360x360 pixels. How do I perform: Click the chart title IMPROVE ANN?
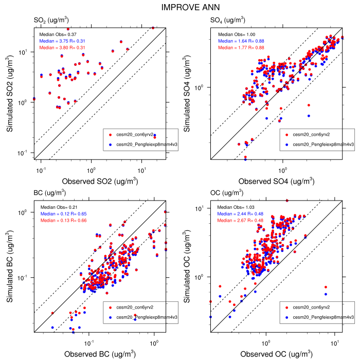(x=179, y=7)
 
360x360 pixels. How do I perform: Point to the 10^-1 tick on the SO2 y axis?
(x=27, y=153)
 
